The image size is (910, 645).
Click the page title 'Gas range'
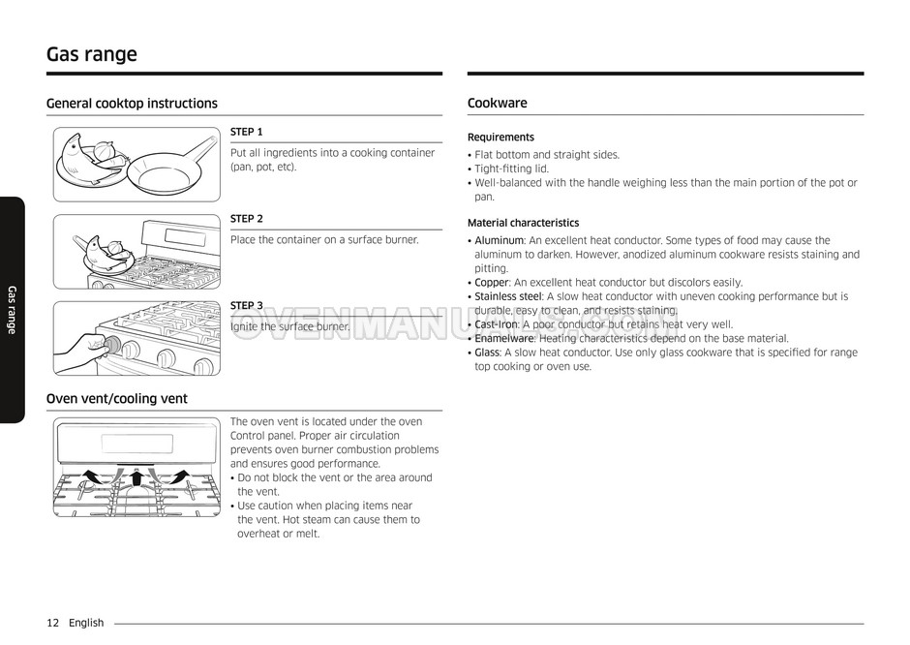[x=92, y=54]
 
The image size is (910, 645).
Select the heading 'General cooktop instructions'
[x=132, y=104]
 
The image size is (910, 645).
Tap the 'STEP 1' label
[x=246, y=132]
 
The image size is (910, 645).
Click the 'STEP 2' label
[x=246, y=219]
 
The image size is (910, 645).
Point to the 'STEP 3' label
[x=246, y=306]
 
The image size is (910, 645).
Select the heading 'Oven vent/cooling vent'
[x=117, y=399]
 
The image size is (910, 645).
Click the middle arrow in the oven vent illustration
[x=136, y=476]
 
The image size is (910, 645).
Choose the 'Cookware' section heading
[x=497, y=104]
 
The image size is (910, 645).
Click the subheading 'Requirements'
[x=500, y=138]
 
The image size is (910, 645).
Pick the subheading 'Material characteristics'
[x=523, y=223]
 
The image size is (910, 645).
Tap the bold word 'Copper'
[x=491, y=283]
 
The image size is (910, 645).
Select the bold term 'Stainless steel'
[x=508, y=297]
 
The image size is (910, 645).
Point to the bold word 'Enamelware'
[x=503, y=339]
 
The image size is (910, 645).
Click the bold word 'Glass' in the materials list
[x=487, y=353]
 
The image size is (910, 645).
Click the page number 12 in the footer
[x=53, y=623]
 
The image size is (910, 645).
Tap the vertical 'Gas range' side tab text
[x=12, y=310]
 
